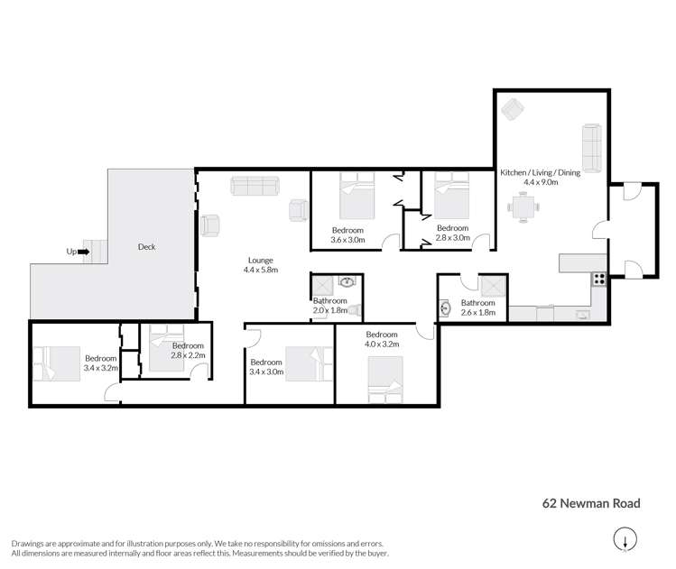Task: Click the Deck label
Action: (x=145, y=246)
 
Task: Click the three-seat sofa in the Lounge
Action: (x=257, y=186)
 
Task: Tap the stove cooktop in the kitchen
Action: (x=597, y=280)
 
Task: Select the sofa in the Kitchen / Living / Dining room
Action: (x=591, y=147)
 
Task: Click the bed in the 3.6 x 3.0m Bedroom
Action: (x=357, y=197)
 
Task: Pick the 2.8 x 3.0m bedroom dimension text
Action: (x=452, y=238)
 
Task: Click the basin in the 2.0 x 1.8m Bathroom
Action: (x=346, y=282)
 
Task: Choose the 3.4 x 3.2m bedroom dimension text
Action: (x=101, y=368)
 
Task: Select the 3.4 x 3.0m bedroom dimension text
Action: (x=266, y=372)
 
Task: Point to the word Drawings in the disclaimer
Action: (x=29, y=544)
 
